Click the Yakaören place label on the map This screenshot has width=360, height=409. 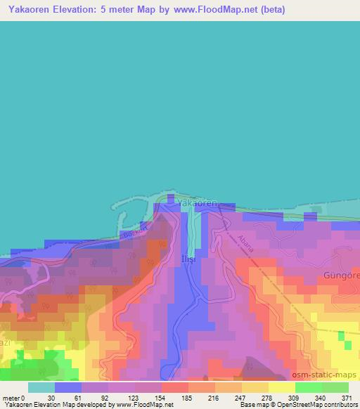coord(197,202)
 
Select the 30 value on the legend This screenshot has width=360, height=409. coord(51,398)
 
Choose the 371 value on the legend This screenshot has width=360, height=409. coord(348,398)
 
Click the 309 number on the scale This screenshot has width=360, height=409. coord(294,398)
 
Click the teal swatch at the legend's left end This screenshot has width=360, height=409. coord(41,387)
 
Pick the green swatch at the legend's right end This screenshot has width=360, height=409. coord(335,387)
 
